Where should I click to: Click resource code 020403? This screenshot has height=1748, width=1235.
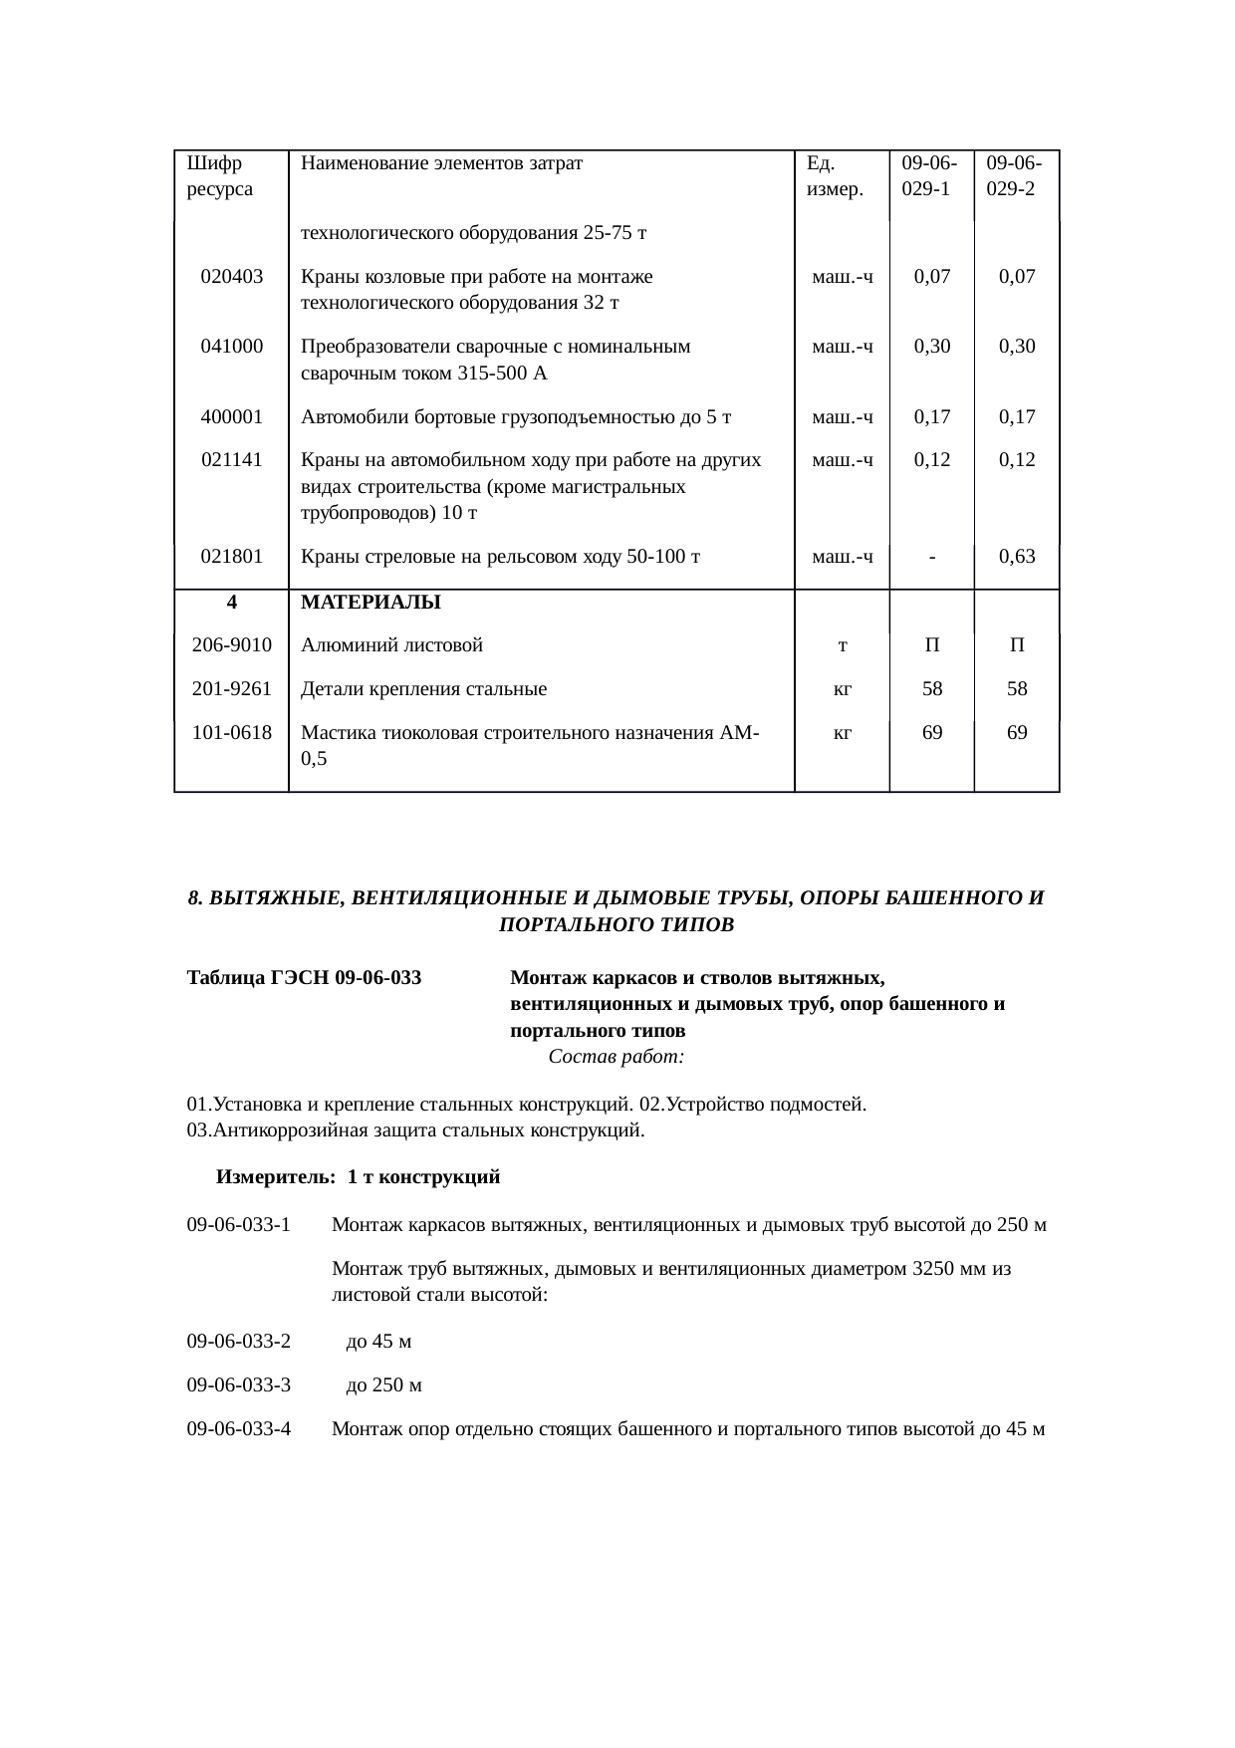(x=231, y=277)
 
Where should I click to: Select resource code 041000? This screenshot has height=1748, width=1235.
(x=231, y=347)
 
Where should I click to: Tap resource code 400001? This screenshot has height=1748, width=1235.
(x=231, y=416)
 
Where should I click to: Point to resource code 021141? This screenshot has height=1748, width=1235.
(x=231, y=460)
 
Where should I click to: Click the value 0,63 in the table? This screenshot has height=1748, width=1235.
(x=1017, y=556)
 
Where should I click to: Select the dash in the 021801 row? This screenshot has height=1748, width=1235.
(x=931, y=557)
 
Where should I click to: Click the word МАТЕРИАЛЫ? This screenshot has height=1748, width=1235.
(x=370, y=603)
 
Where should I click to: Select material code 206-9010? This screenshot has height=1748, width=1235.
(x=231, y=645)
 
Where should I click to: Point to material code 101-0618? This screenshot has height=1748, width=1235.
(x=231, y=733)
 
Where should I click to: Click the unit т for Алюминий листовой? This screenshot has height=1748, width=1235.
(x=843, y=646)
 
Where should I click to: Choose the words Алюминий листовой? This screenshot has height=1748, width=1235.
(x=391, y=645)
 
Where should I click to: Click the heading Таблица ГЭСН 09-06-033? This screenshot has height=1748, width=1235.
(x=304, y=978)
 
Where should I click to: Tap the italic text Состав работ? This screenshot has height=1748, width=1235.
(x=616, y=1056)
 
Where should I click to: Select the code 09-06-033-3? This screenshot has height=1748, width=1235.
(x=239, y=1385)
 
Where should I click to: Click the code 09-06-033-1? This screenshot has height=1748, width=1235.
(x=239, y=1224)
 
